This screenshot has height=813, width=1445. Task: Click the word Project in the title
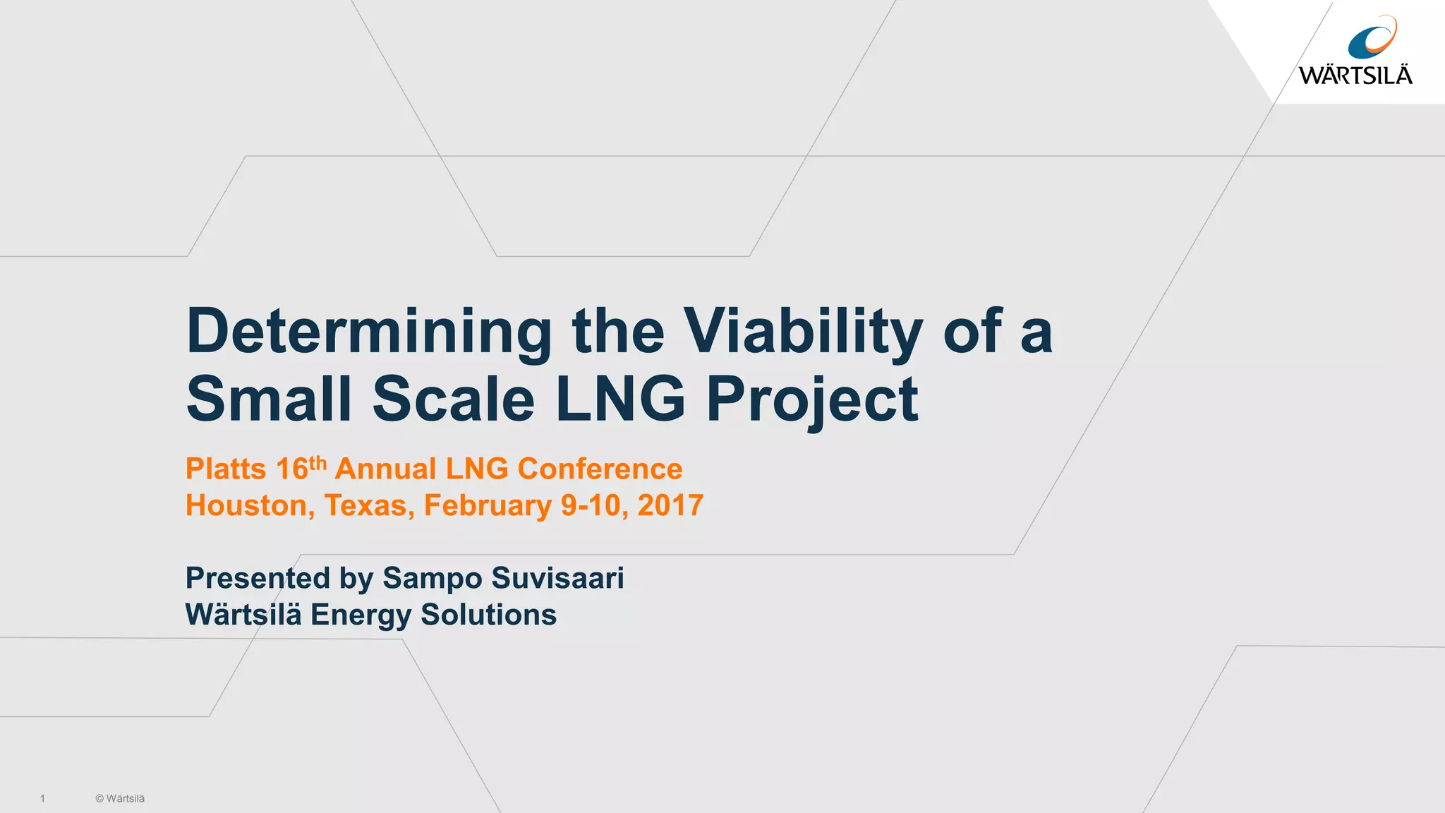812,399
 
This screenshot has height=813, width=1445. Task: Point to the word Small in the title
269,399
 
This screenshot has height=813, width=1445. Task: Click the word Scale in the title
454,399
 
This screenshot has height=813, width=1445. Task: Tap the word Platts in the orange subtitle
226,469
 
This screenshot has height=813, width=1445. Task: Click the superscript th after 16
318,464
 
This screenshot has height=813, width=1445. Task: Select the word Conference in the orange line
600,469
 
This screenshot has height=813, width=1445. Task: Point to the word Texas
369,506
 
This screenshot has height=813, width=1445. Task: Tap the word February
488,506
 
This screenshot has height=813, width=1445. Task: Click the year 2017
670,506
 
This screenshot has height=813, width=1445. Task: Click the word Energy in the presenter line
361,615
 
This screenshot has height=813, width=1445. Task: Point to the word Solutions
488,615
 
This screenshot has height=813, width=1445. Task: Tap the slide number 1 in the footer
42,798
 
